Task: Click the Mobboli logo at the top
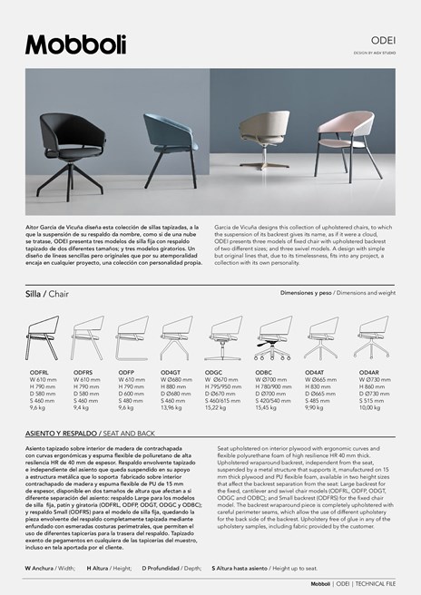(x=76, y=44)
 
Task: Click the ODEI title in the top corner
(x=382, y=41)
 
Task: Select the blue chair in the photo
(x=171, y=143)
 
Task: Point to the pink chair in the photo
(x=335, y=146)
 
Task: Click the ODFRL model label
(x=39, y=373)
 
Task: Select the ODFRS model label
(x=83, y=373)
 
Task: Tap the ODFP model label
(x=126, y=373)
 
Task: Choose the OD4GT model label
(x=171, y=373)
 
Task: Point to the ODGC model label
(x=214, y=373)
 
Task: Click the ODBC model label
(x=265, y=373)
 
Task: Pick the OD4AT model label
(x=315, y=373)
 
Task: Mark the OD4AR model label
(x=369, y=373)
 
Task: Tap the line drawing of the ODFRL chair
(x=42, y=339)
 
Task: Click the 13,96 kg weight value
(x=173, y=408)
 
